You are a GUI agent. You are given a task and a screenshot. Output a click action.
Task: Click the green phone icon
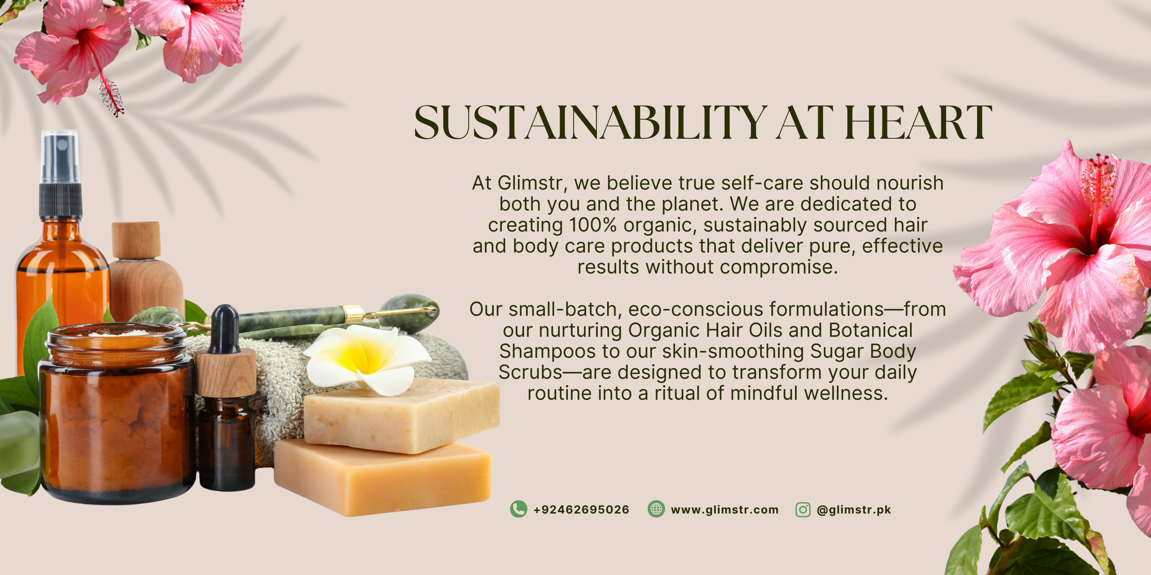pos(518,509)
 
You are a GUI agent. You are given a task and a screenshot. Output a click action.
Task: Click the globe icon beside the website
pos(656,509)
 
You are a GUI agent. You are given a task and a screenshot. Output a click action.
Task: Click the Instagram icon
pos(803,509)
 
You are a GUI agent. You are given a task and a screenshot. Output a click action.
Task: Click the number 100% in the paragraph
pos(593,225)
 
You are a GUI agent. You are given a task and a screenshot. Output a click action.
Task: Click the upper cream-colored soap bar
pos(401,415)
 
